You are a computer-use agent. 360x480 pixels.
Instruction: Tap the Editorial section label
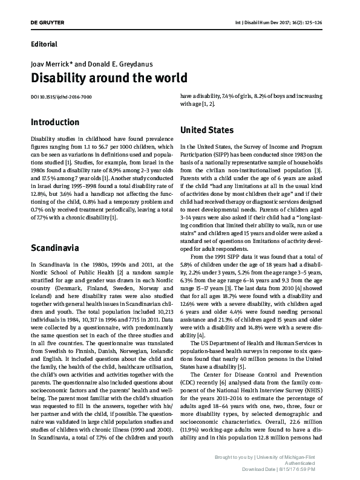pyautogui.click(x=44, y=44)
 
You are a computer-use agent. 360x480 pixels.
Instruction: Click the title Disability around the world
pyautogui.click(x=109, y=79)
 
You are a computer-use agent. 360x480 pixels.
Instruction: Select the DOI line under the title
pyautogui.click(x=61, y=97)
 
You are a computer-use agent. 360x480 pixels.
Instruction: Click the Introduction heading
pyautogui.click(x=54, y=122)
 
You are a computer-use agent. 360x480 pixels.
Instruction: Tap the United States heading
pyautogui.click(x=207, y=130)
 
